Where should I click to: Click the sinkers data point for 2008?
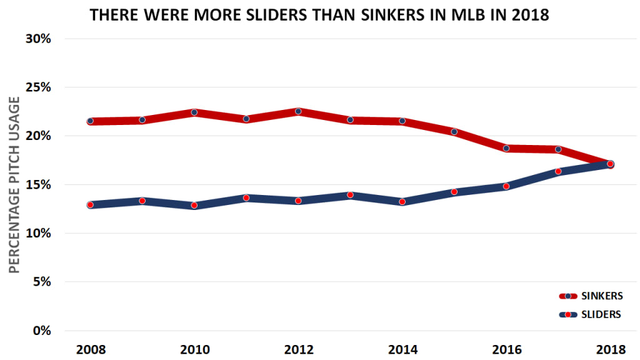(90, 121)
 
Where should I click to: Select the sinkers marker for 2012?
(298, 111)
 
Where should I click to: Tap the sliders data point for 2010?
(194, 205)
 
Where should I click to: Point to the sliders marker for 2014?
(402, 202)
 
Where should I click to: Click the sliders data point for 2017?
(558, 171)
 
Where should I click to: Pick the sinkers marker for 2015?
(454, 132)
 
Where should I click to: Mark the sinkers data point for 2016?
(506, 148)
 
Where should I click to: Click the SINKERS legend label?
(603, 296)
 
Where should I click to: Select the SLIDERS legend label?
(601, 314)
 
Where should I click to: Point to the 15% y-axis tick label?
(39, 185)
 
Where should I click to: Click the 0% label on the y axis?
(41, 331)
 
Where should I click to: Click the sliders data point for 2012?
(298, 201)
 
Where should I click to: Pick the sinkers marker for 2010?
(194, 112)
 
